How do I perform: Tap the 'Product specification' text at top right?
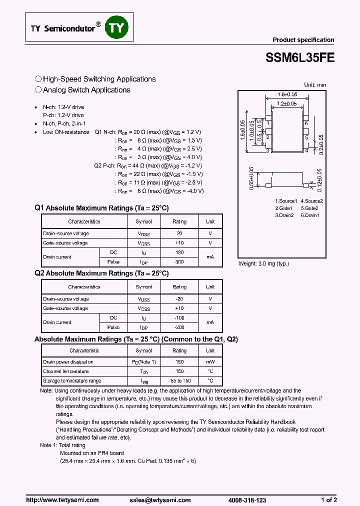pyautogui.click(x=303, y=40)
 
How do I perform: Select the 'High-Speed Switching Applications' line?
pyautogui.click(x=99, y=79)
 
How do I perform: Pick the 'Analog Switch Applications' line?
pyautogui.click(x=86, y=90)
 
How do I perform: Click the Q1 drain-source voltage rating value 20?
pyautogui.click(x=179, y=233)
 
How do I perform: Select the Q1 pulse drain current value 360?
pyautogui.click(x=179, y=261)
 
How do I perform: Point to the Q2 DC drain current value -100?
pyautogui.click(x=179, y=318)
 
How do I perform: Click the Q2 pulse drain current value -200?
pyautogui.click(x=179, y=327)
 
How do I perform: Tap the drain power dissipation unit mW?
pyautogui.click(x=210, y=361)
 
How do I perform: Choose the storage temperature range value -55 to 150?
pyautogui.click(x=179, y=380)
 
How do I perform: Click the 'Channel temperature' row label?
pyautogui.click(x=66, y=371)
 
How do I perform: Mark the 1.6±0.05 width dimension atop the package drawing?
pyautogui.click(x=287, y=94)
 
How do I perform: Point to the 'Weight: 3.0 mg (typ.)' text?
pyautogui.click(x=263, y=263)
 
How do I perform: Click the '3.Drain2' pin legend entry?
pyautogui.click(x=284, y=215)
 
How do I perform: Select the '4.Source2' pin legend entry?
pyautogui.click(x=311, y=201)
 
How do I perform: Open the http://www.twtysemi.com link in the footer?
pyautogui.click(x=62, y=499)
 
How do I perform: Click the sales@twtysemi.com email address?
pyautogui.click(x=160, y=499)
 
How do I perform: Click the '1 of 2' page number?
pyautogui.click(x=328, y=499)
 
